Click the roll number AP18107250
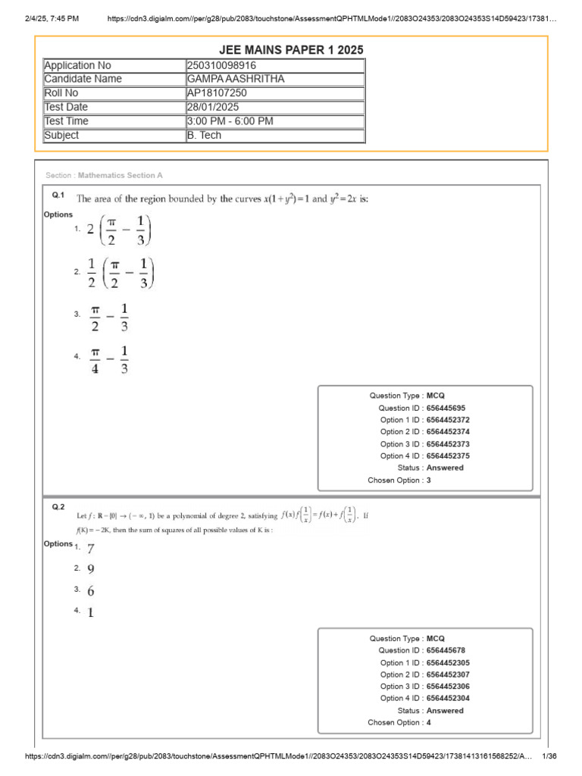[x=217, y=93]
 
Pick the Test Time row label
[x=67, y=121]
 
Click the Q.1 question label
[x=58, y=196]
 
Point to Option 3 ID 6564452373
[x=448, y=444]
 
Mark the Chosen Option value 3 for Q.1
[x=429, y=480]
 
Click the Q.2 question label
[x=58, y=506]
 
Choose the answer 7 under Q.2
[x=91, y=549]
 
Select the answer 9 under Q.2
[x=91, y=569]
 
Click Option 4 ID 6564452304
[x=448, y=698]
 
